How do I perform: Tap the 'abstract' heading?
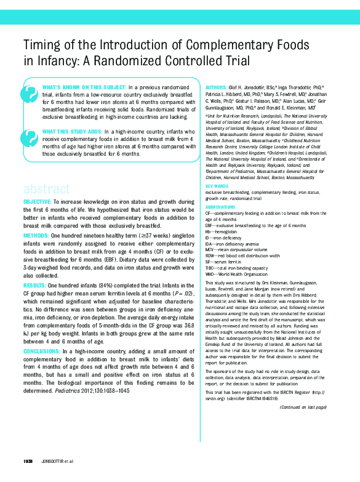coord(47,188)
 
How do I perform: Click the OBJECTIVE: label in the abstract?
coord(38,203)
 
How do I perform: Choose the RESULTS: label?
coord(34,286)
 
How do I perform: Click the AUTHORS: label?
coord(216,89)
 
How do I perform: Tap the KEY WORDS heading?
coord(217,187)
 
